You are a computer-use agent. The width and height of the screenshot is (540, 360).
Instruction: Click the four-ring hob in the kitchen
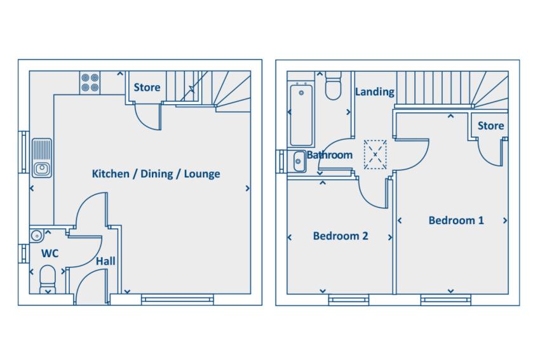90,83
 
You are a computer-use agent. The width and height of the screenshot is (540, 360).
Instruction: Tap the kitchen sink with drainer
42,158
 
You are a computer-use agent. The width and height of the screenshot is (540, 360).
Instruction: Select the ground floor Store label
147,88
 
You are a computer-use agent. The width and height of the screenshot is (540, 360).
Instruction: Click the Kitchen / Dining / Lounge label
156,174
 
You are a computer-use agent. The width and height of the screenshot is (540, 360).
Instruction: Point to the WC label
50,254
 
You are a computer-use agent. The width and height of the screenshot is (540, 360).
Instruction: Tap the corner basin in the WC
36,236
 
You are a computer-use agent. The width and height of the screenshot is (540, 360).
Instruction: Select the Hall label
105,261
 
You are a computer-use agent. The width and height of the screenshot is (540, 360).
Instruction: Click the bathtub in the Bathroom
301,115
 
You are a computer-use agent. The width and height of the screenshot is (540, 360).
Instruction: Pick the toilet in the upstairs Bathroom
334,85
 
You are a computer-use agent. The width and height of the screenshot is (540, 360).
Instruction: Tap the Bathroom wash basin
299,161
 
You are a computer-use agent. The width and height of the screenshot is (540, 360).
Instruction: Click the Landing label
375,92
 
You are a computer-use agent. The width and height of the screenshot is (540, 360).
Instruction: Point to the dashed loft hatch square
375,154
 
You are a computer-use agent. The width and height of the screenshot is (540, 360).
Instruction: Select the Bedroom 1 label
456,220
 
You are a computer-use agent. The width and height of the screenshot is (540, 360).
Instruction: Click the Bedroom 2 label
341,236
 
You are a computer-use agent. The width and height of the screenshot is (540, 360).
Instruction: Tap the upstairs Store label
490,126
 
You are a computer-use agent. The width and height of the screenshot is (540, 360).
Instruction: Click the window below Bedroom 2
349,300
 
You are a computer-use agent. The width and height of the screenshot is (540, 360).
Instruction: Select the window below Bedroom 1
445,300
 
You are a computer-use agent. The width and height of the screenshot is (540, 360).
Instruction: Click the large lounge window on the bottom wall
178,300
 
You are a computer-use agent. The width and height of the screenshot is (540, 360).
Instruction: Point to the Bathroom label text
330,155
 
